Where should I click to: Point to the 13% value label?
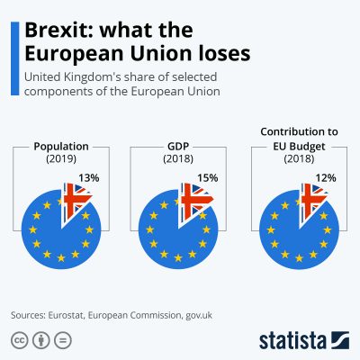89,178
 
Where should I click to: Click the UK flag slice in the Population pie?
77,198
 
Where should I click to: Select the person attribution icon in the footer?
41,340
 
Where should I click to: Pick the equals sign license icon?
62,340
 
